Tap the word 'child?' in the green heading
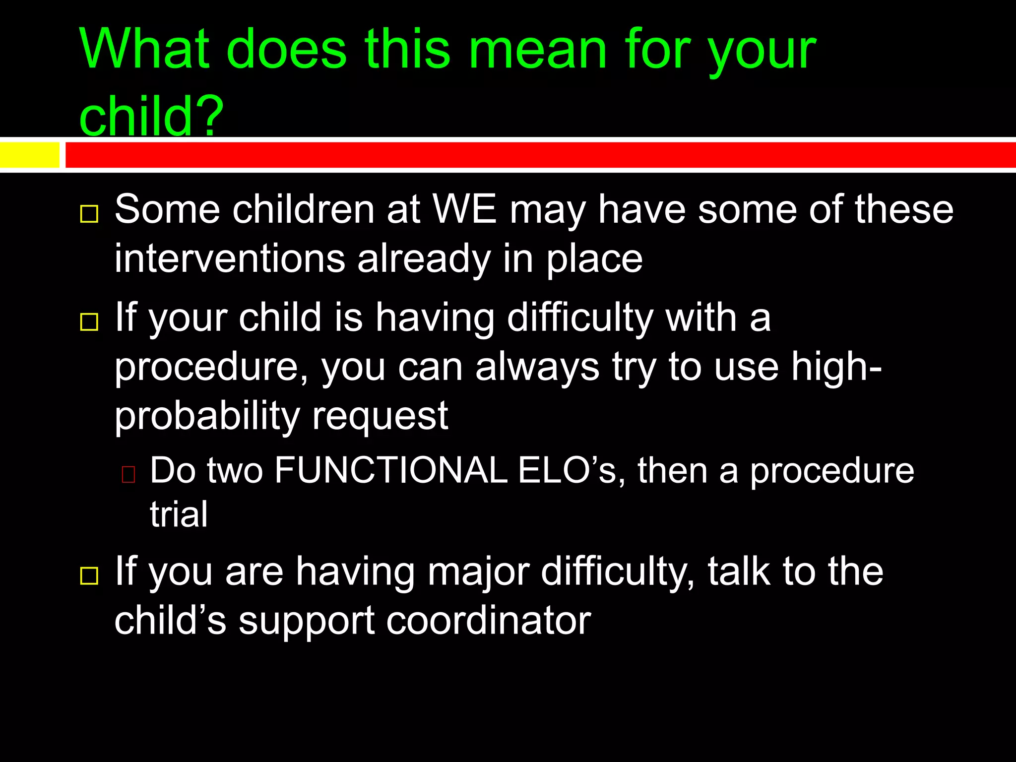[151, 115]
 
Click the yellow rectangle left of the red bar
[29, 155]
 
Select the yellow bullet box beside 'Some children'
[89, 214]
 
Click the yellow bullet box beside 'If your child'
[89, 322]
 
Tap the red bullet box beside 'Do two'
[128, 475]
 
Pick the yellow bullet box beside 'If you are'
[89, 576]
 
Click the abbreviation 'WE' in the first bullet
[464, 209]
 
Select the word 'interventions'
[230, 258]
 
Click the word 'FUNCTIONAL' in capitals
[390, 470]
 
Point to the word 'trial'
[179, 514]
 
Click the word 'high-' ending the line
[836, 367]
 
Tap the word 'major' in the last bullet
[478, 571]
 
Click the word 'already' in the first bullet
[424, 258]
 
